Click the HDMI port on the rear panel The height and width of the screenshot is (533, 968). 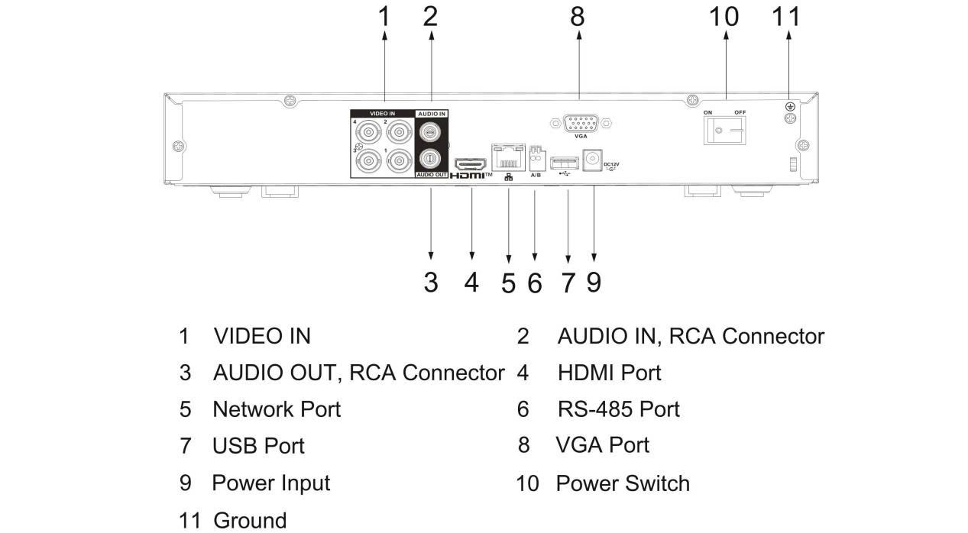click(x=471, y=163)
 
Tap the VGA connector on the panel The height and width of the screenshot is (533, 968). click(x=580, y=121)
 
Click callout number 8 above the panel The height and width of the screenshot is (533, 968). click(x=578, y=15)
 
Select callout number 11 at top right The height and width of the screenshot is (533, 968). click(x=786, y=15)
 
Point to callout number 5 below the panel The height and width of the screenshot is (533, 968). click(x=508, y=283)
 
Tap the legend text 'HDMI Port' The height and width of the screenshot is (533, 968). click(x=609, y=373)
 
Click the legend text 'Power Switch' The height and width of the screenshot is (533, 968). click(x=622, y=483)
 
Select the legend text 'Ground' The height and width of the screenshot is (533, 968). click(x=250, y=521)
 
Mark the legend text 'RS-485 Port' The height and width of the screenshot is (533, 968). click(x=618, y=409)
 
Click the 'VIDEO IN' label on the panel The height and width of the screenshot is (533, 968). click(x=382, y=113)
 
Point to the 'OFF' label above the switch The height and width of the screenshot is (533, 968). click(x=740, y=112)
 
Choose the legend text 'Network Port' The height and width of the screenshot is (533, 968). click(x=277, y=409)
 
